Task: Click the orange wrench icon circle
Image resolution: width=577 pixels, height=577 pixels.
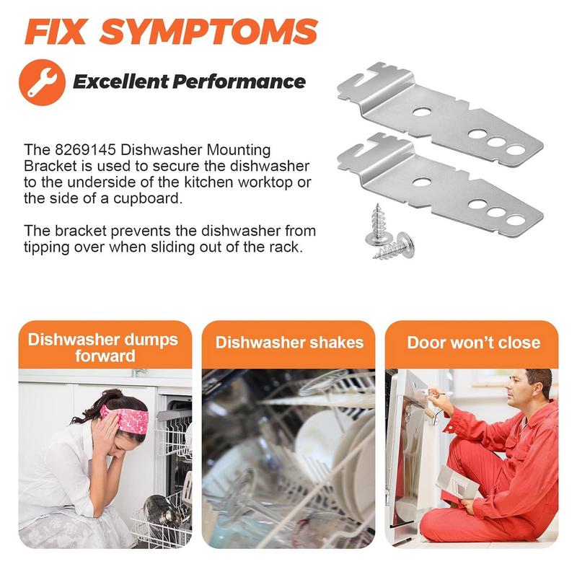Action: tap(42, 82)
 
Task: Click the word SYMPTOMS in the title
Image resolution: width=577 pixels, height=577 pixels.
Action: tap(208, 32)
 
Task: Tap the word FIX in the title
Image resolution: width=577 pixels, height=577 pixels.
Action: tap(56, 32)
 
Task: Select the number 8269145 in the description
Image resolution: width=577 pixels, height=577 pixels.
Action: tap(85, 150)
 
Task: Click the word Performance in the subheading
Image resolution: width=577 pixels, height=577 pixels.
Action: tap(239, 82)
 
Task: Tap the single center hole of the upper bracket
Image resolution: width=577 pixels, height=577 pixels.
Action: tap(421, 111)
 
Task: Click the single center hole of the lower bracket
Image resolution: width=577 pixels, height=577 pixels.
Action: tap(421, 182)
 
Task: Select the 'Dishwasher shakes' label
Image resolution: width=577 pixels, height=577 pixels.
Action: tap(289, 343)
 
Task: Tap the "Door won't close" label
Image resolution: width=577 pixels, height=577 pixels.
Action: tap(474, 343)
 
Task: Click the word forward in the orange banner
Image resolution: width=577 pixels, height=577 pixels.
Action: tap(105, 356)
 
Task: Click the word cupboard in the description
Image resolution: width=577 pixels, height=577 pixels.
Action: tap(148, 199)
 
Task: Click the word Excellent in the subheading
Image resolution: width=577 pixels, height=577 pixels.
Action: tap(120, 82)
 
